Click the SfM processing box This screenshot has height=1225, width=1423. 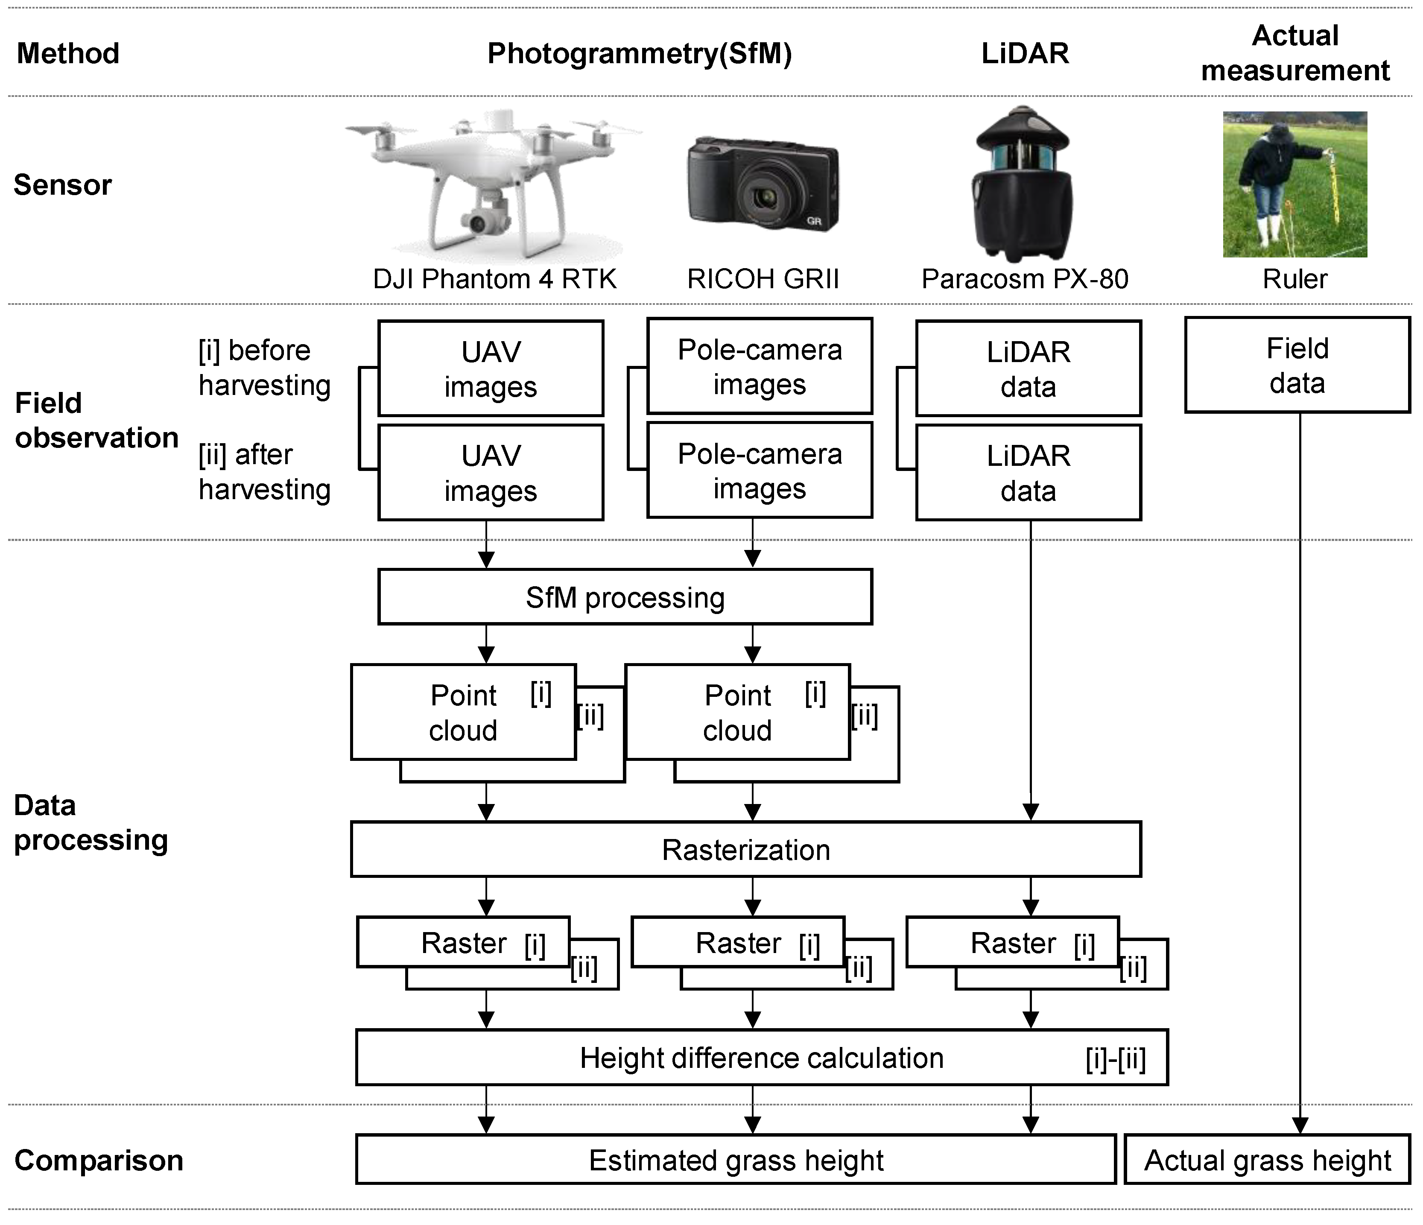pos(625,597)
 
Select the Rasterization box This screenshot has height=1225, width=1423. pos(746,849)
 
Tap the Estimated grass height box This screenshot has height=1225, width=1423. pos(736,1160)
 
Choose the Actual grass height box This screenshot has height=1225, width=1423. pos(1267,1160)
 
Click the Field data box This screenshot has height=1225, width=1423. pos(1297,365)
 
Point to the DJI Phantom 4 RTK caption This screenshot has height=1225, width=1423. pos(494,279)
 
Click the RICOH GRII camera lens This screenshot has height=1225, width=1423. pos(764,199)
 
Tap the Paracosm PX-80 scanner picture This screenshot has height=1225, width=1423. pos(1023,184)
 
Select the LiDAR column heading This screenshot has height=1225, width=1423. pos(1025,53)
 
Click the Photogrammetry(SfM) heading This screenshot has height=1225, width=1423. pos(640,53)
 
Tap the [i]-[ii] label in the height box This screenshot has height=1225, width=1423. pos(1115,1059)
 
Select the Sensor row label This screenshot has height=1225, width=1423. pos(62,185)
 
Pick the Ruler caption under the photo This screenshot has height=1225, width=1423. pos(1294,279)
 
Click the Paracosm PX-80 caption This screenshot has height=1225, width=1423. pos(1025,279)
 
